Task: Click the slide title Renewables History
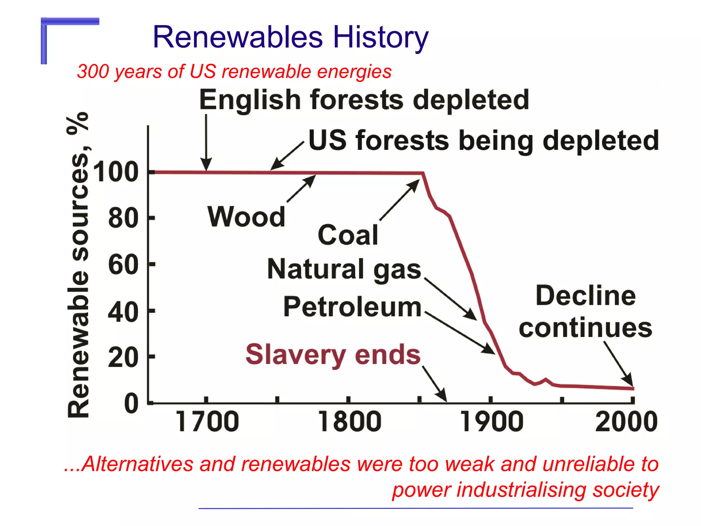290,37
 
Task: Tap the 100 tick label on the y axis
116,172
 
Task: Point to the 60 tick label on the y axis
123,265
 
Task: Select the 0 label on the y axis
131,403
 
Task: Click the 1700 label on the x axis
207,422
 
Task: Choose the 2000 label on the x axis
626,422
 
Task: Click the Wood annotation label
246,217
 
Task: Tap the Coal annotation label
348,235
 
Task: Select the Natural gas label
344,269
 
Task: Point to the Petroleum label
352,307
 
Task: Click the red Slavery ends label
333,355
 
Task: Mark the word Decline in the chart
586,296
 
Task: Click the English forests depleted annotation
364,100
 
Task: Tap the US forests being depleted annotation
484,140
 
